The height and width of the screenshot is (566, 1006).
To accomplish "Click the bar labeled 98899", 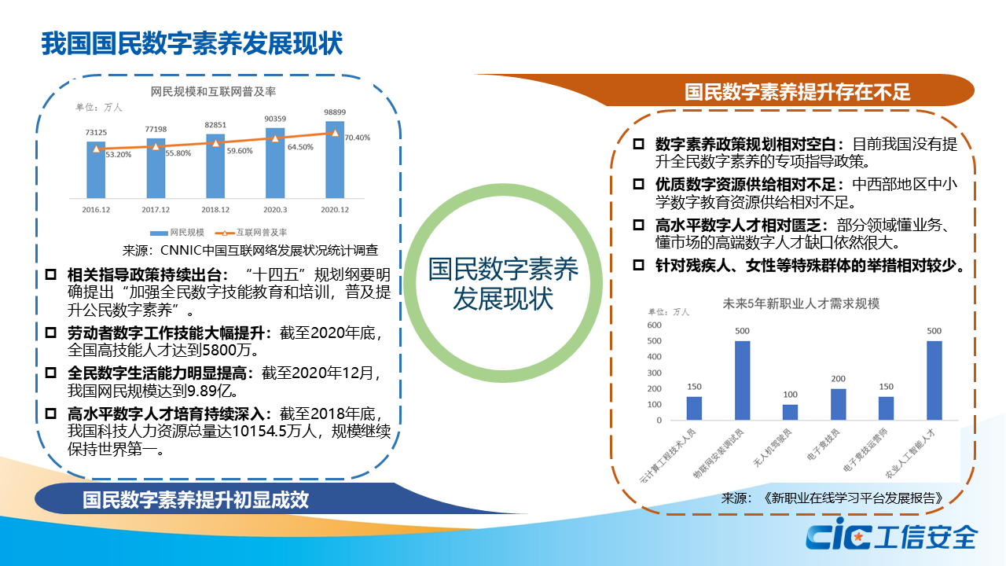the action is pyautogui.click(x=335, y=160).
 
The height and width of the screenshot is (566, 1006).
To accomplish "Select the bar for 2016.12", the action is pyautogui.click(x=96, y=170).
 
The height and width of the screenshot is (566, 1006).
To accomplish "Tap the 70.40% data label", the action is pyautogui.click(x=358, y=138).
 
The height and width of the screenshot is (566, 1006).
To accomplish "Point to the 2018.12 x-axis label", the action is pyautogui.click(x=215, y=210).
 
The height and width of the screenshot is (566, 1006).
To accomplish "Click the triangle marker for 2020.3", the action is pyautogui.click(x=275, y=138).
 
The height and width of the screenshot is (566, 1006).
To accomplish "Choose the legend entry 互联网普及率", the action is pyautogui.click(x=251, y=232).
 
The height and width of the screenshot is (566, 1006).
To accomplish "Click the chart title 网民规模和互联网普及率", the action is pyautogui.click(x=213, y=92).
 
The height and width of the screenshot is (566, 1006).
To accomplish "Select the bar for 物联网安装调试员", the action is pyautogui.click(x=743, y=380).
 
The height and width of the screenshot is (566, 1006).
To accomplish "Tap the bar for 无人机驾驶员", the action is pyautogui.click(x=791, y=413).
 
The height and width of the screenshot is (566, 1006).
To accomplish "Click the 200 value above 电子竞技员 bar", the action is pyautogui.click(x=838, y=379).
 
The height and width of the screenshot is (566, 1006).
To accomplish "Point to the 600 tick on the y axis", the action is pyautogui.click(x=655, y=325).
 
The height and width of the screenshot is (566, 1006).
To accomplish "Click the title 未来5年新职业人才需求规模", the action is pyautogui.click(x=801, y=304).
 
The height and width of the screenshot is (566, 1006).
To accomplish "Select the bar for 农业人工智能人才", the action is pyautogui.click(x=934, y=380).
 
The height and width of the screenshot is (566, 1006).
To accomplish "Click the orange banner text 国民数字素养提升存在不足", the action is pyautogui.click(x=797, y=92).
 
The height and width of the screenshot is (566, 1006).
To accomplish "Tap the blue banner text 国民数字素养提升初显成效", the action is pyautogui.click(x=196, y=499).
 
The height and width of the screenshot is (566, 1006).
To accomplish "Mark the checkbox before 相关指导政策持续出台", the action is pyautogui.click(x=51, y=274).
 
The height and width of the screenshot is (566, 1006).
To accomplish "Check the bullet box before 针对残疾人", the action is pyautogui.click(x=638, y=265).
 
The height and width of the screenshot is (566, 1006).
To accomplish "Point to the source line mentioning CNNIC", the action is pyautogui.click(x=250, y=250).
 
